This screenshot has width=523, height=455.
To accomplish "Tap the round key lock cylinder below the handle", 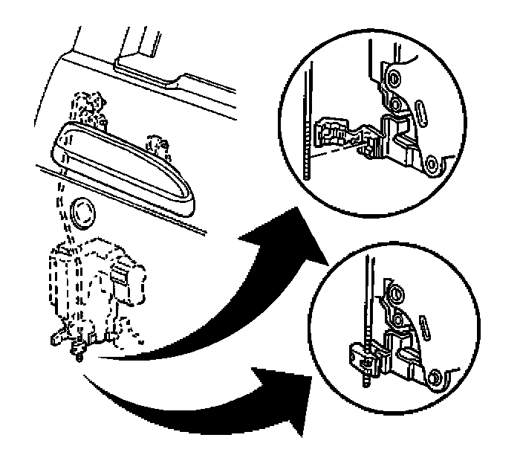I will [x=82, y=213].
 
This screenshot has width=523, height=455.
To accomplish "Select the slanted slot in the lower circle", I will [x=425, y=325].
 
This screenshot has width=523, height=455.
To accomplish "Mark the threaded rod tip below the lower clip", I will [x=367, y=380].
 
